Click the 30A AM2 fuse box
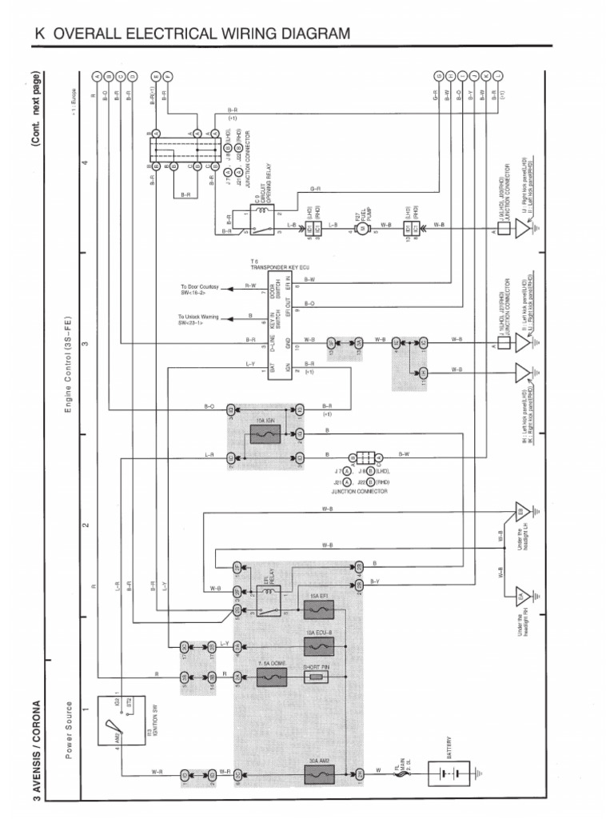pos(318,774)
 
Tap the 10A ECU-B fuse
pos(318,643)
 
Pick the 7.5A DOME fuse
pos(271,677)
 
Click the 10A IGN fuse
pos(263,433)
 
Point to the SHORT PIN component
pos(318,677)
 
